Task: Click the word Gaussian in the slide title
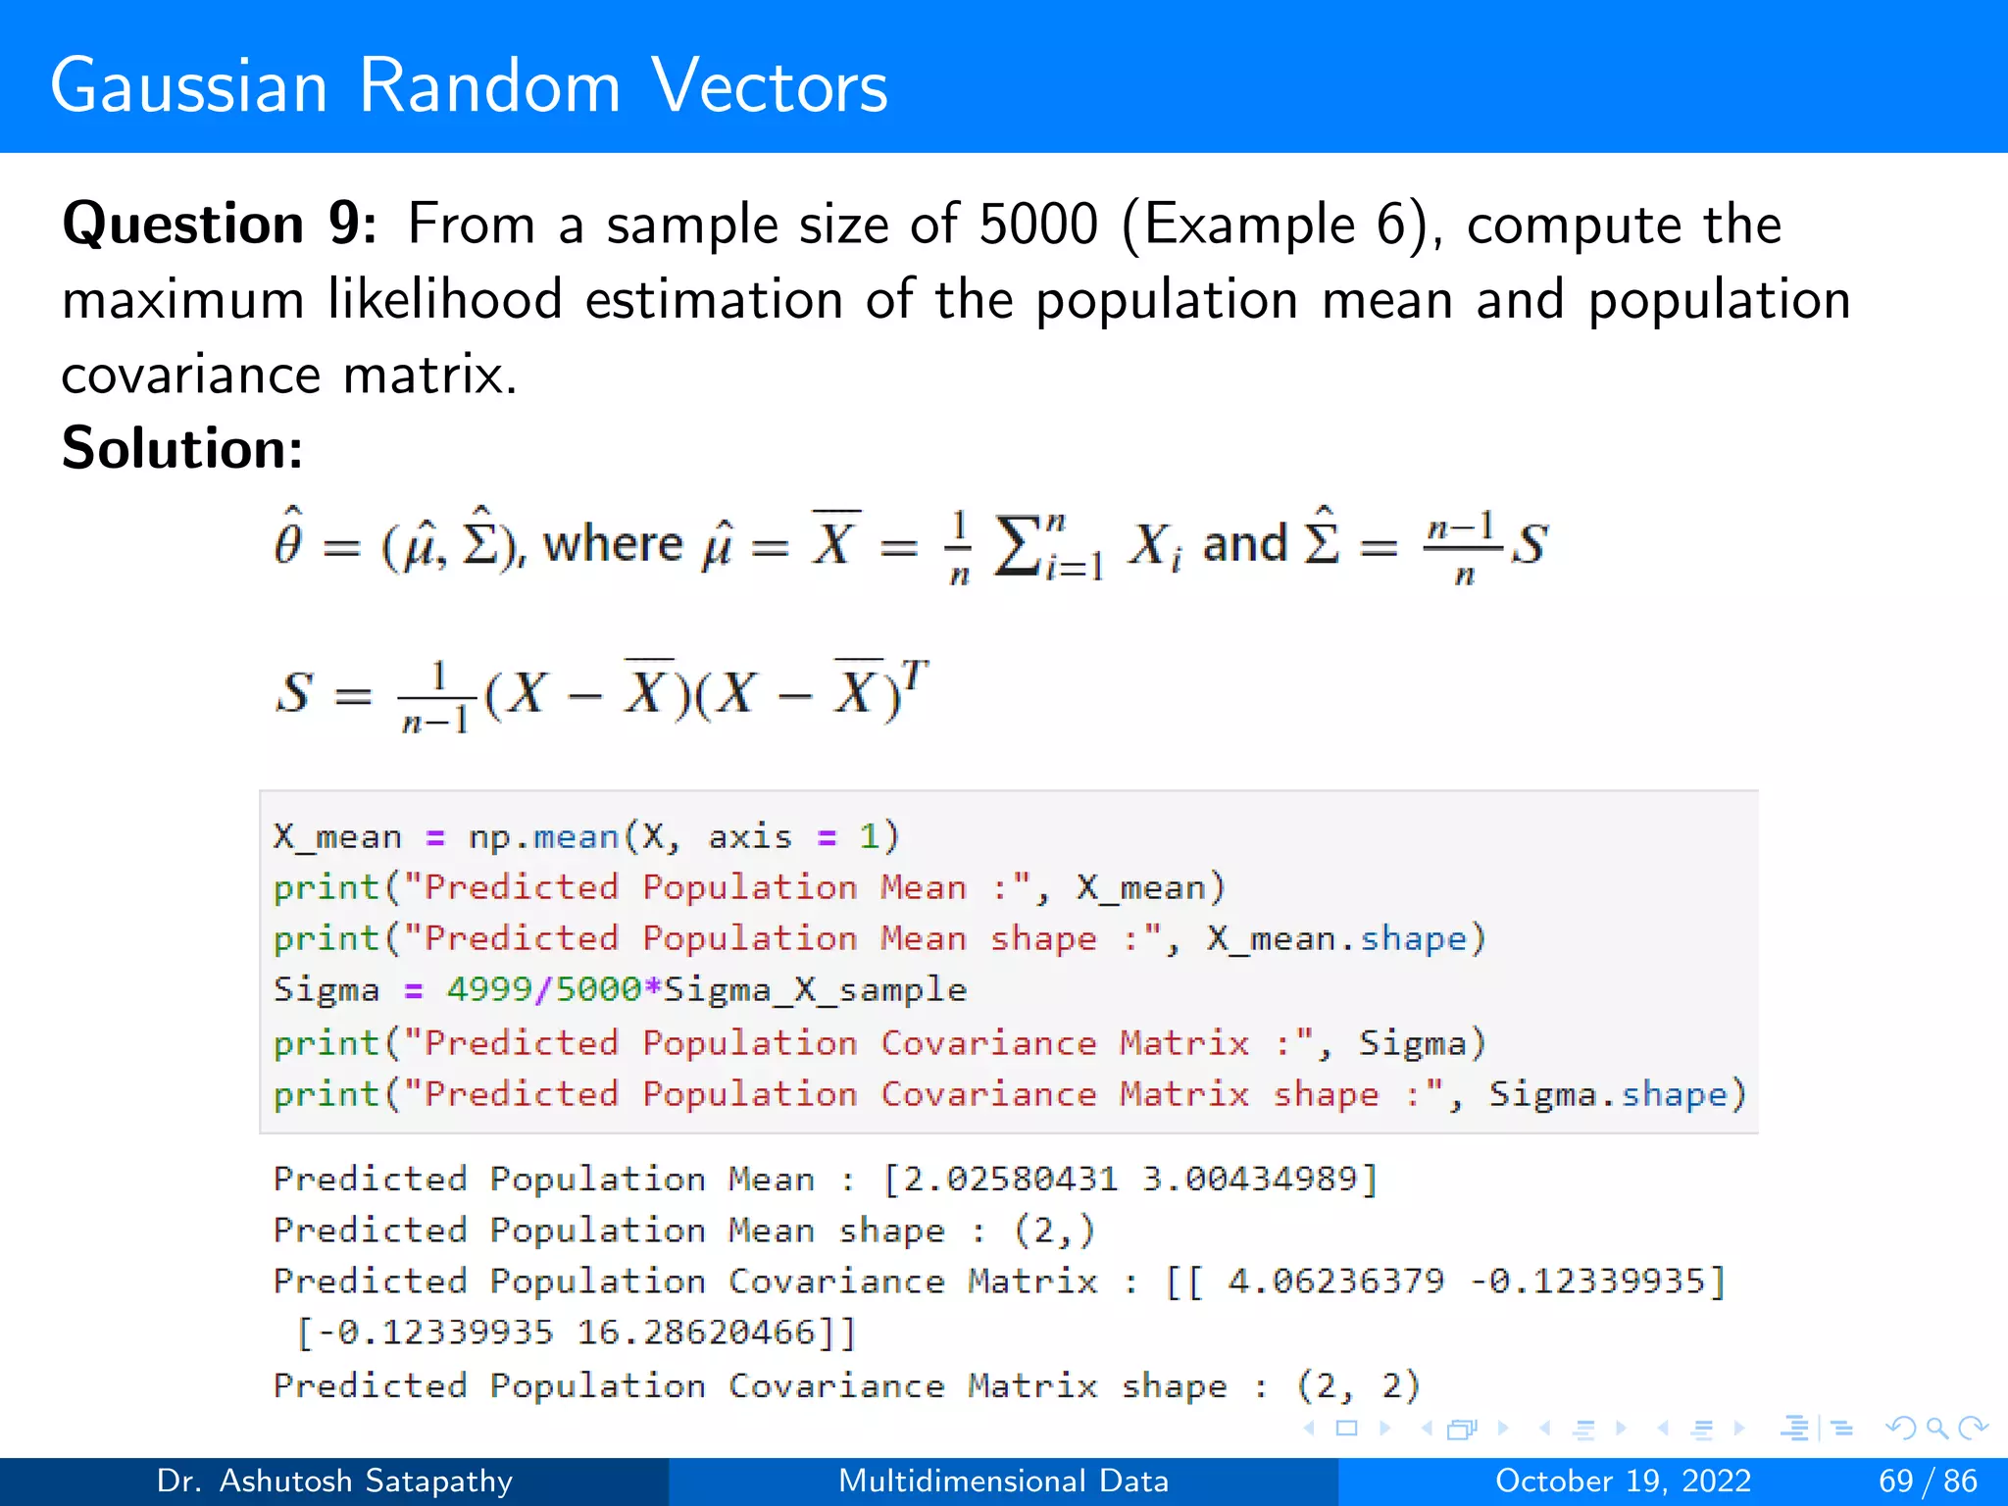pyautogui.click(x=188, y=86)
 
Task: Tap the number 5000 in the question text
pyautogui.click(x=1038, y=224)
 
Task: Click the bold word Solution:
pyautogui.click(x=182, y=448)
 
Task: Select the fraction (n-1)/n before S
pyautogui.click(x=1461, y=546)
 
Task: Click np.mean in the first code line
pyautogui.click(x=543, y=836)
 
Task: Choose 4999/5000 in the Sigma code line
pyautogui.click(x=543, y=989)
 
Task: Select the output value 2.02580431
pyautogui.click(x=1010, y=1179)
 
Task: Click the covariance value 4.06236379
pyautogui.click(x=1335, y=1280)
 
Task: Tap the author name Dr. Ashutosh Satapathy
pyautogui.click(x=334, y=1481)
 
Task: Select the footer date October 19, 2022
pyautogui.click(x=1623, y=1481)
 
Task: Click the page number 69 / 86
pyautogui.click(x=1928, y=1481)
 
